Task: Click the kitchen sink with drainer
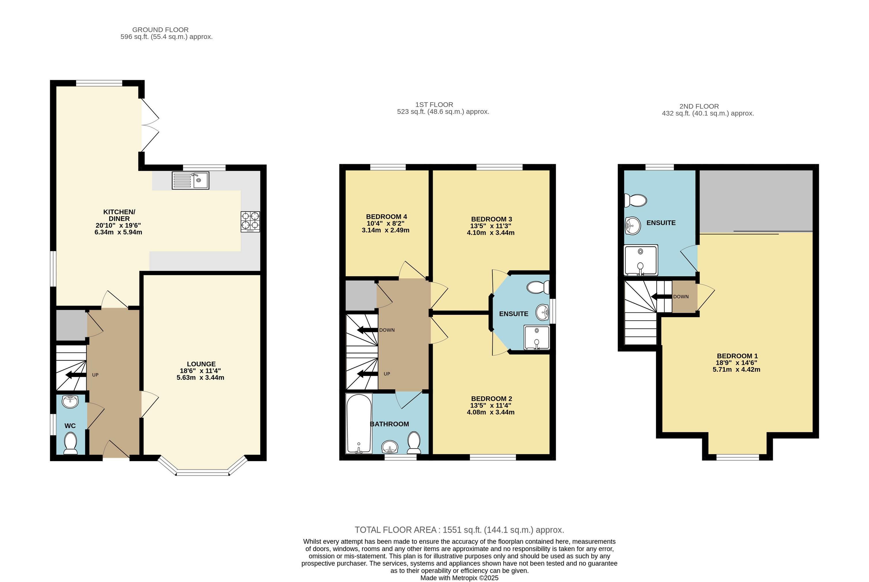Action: [190, 180]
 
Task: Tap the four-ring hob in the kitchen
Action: [250, 221]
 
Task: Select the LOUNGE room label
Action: [201, 364]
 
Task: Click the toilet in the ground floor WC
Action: [70, 444]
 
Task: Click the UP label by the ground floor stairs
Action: [95, 375]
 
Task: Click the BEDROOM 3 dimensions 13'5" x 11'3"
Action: [491, 226]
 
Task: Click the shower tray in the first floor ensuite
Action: [536, 338]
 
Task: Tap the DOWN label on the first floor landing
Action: [387, 330]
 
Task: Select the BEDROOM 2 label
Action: [491, 399]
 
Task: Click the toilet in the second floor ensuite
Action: [635, 200]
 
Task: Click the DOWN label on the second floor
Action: [681, 297]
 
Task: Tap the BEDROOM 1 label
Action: [737, 356]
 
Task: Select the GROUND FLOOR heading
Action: [160, 30]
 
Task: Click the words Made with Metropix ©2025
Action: [459, 578]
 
